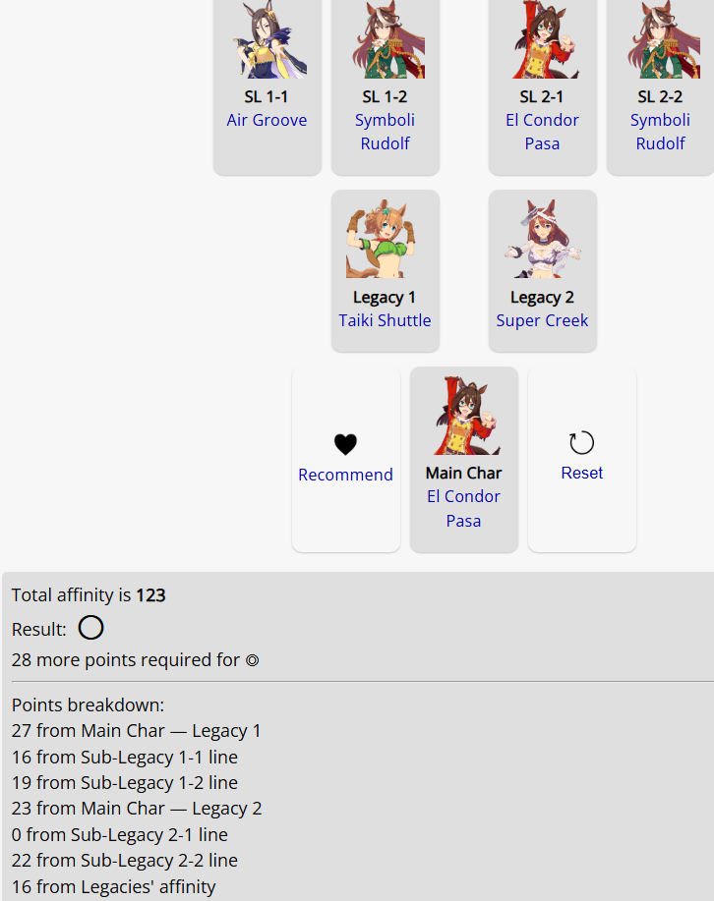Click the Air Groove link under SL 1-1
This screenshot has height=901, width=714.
click(267, 120)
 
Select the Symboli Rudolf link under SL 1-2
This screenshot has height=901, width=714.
click(385, 132)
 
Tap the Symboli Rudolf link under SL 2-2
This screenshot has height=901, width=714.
click(660, 132)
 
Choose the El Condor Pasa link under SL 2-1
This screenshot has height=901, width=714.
click(542, 132)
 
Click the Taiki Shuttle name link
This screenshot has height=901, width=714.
click(385, 320)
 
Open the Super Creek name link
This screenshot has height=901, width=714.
click(542, 320)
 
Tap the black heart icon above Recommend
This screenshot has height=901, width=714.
click(345, 444)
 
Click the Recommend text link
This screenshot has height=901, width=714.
click(345, 475)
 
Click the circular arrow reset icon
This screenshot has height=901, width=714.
click(581, 443)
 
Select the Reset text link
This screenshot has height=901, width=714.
click(581, 473)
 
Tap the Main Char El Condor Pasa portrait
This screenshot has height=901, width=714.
click(463, 416)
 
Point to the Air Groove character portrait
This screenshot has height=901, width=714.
click(268, 39)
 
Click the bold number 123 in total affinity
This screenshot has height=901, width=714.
click(150, 595)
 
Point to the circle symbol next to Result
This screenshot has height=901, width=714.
click(90, 628)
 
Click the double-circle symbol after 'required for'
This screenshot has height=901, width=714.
click(253, 660)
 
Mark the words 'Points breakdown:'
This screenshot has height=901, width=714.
click(89, 705)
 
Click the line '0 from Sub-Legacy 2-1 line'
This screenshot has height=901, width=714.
click(120, 834)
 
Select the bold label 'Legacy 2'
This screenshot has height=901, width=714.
click(542, 297)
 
